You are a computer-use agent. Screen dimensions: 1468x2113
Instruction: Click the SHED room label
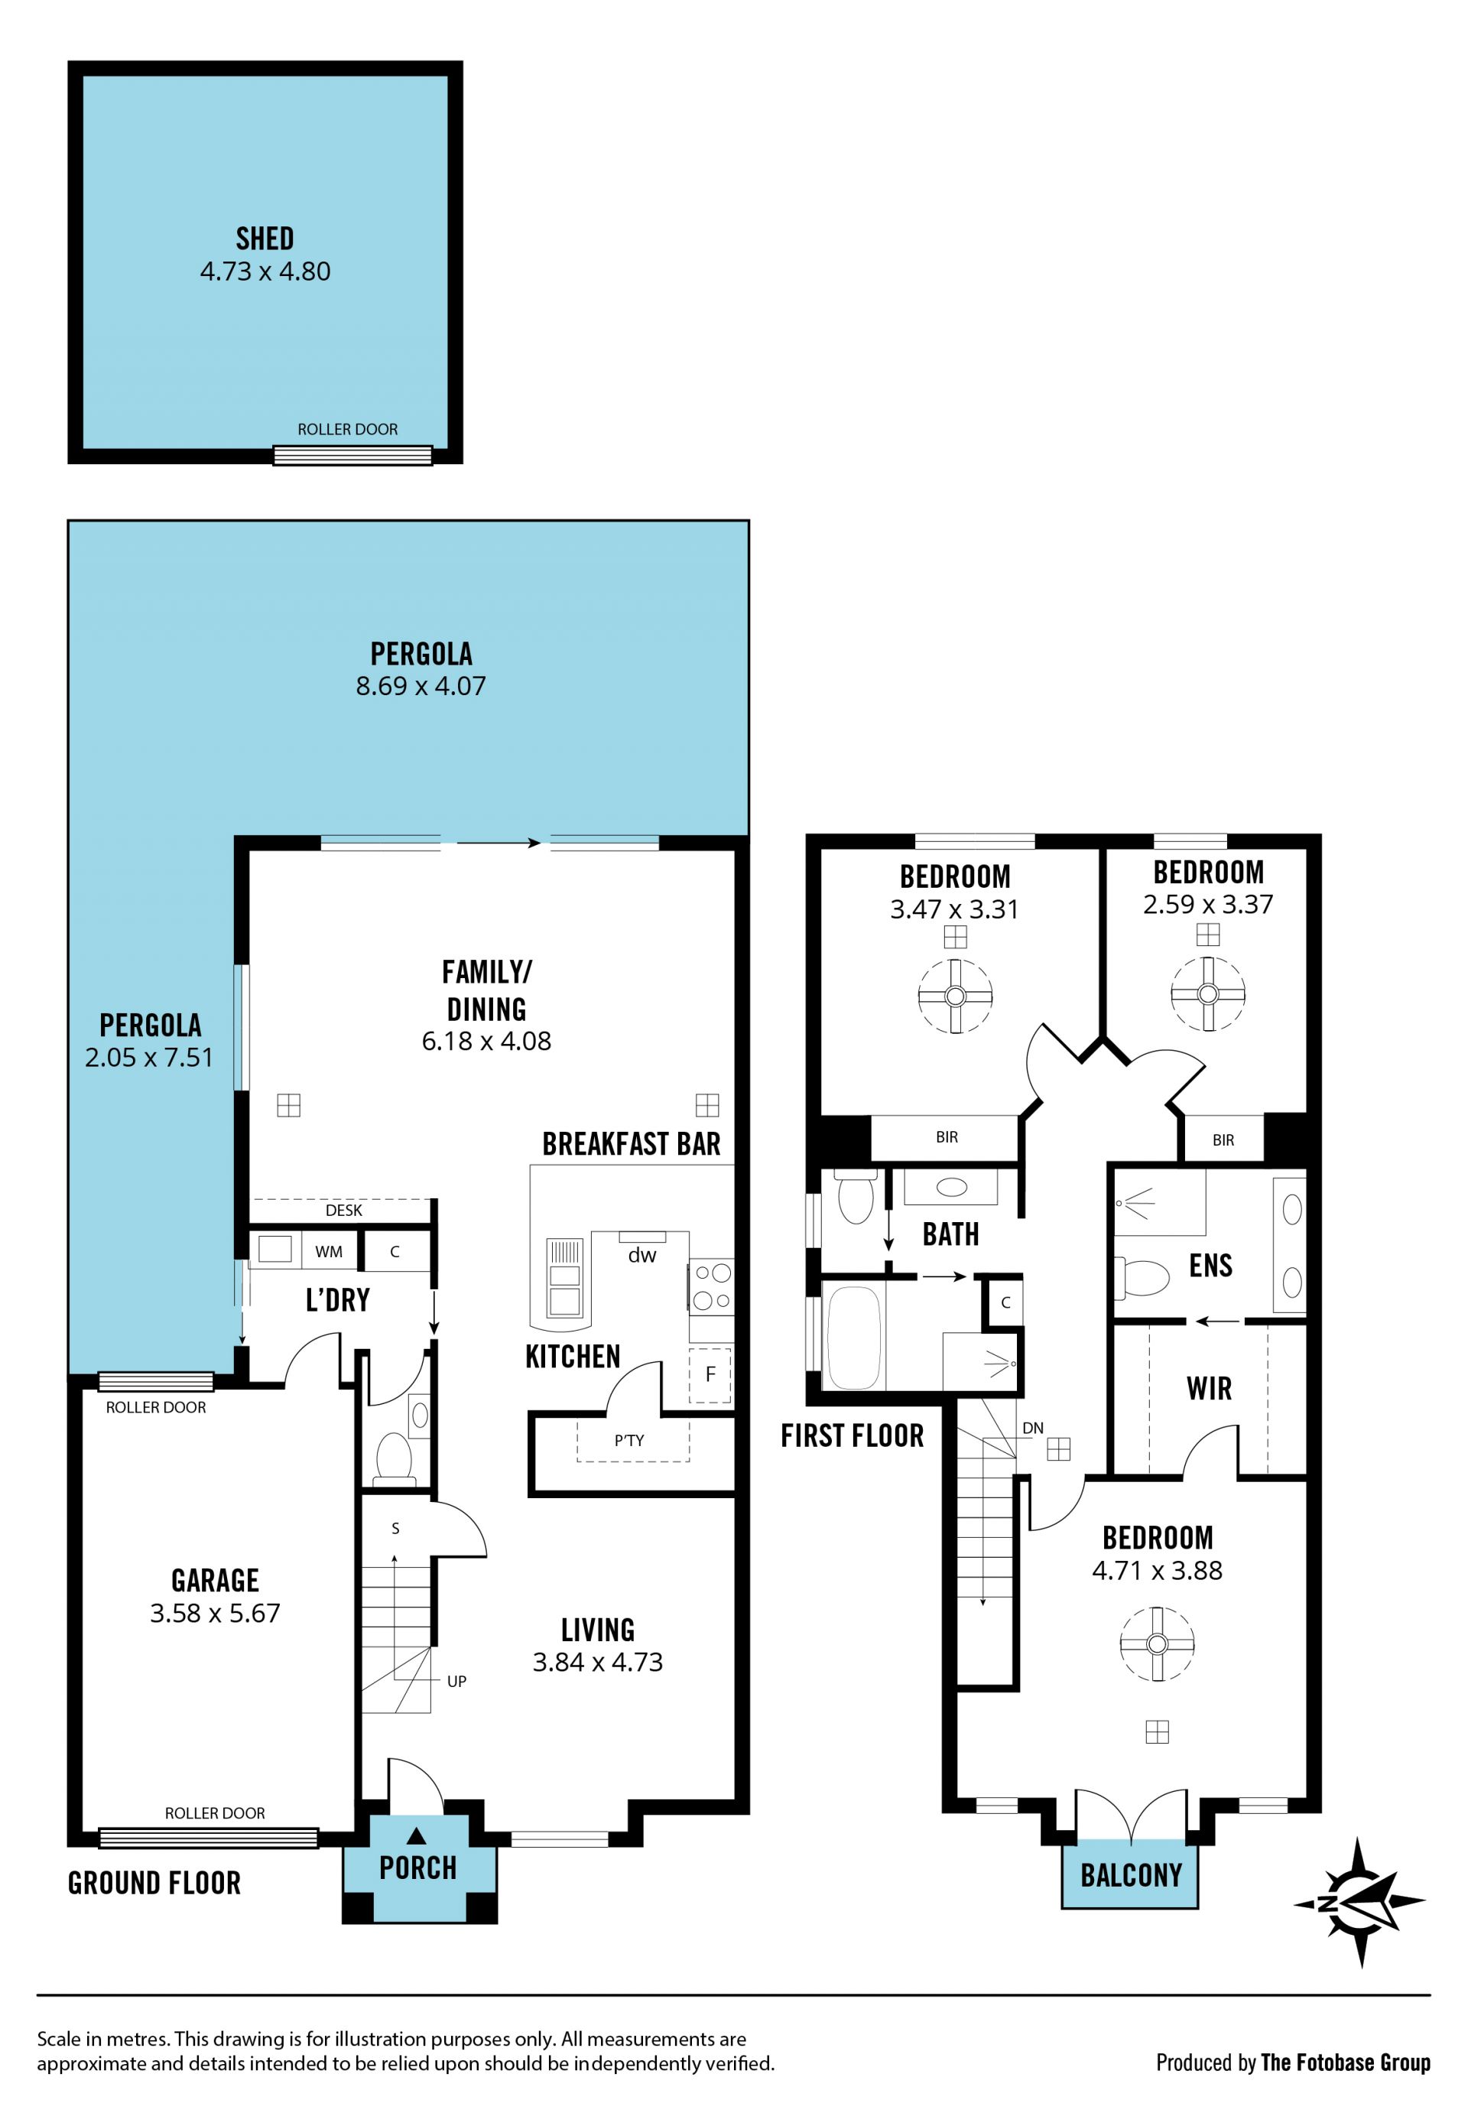[x=265, y=239]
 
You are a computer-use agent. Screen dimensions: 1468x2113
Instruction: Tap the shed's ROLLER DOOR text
[x=348, y=430]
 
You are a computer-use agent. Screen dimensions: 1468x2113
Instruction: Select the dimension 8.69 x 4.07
[x=421, y=685]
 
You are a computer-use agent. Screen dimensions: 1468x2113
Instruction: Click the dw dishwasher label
[x=642, y=1255]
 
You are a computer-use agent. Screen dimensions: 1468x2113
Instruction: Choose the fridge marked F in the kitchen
[x=710, y=1374]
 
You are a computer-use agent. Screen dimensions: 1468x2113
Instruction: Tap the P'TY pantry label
[x=629, y=1441]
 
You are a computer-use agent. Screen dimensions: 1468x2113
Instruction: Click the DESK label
[x=344, y=1211]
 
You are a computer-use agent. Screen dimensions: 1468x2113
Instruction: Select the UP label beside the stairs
[x=456, y=1682]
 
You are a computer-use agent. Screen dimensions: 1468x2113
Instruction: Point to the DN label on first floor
[x=1033, y=1429]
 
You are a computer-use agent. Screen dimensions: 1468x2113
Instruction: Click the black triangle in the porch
[x=416, y=1836]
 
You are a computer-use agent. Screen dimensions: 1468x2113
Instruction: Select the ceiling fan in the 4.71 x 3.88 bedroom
[x=1157, y=1644]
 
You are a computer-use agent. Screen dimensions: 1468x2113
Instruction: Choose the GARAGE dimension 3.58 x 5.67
[x=216, y=1613]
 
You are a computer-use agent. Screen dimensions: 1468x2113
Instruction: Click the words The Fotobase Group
[x=1345, y=2063]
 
